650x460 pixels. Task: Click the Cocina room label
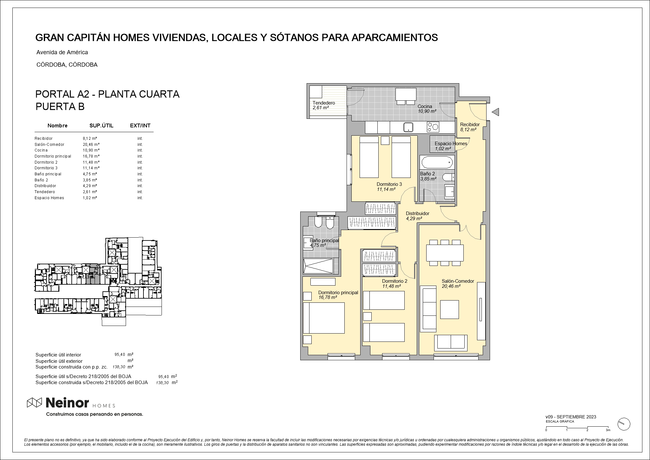425,106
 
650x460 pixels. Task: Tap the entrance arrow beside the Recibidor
495,112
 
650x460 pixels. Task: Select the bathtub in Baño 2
437,162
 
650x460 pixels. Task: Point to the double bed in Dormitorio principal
324,318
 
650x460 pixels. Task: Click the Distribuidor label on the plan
418,213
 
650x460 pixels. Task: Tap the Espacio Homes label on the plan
451,144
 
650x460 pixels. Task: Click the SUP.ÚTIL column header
101,126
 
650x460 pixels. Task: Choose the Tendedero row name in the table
45,192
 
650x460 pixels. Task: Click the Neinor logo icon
34,402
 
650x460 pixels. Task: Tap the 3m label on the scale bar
608,430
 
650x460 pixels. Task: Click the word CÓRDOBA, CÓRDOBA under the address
67,65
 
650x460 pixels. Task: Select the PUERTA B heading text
60,107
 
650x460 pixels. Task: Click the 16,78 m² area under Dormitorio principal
328,298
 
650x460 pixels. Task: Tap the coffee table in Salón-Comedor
449,309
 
